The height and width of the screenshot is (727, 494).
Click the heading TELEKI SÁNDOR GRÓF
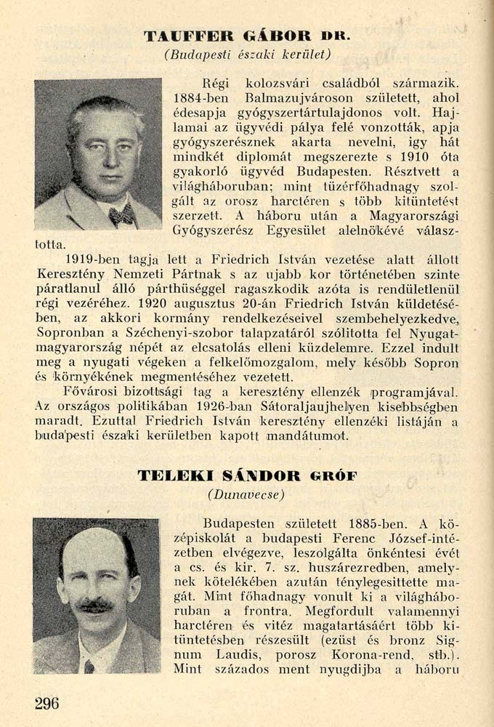(x=247, y=476)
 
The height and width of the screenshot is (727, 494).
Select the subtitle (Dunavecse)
(x=246, y=494)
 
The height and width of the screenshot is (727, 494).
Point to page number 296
(x=46, y=703)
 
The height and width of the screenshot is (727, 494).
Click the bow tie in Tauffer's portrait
(x=121, y=215)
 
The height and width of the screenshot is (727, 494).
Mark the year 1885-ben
(x=376, y=523)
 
